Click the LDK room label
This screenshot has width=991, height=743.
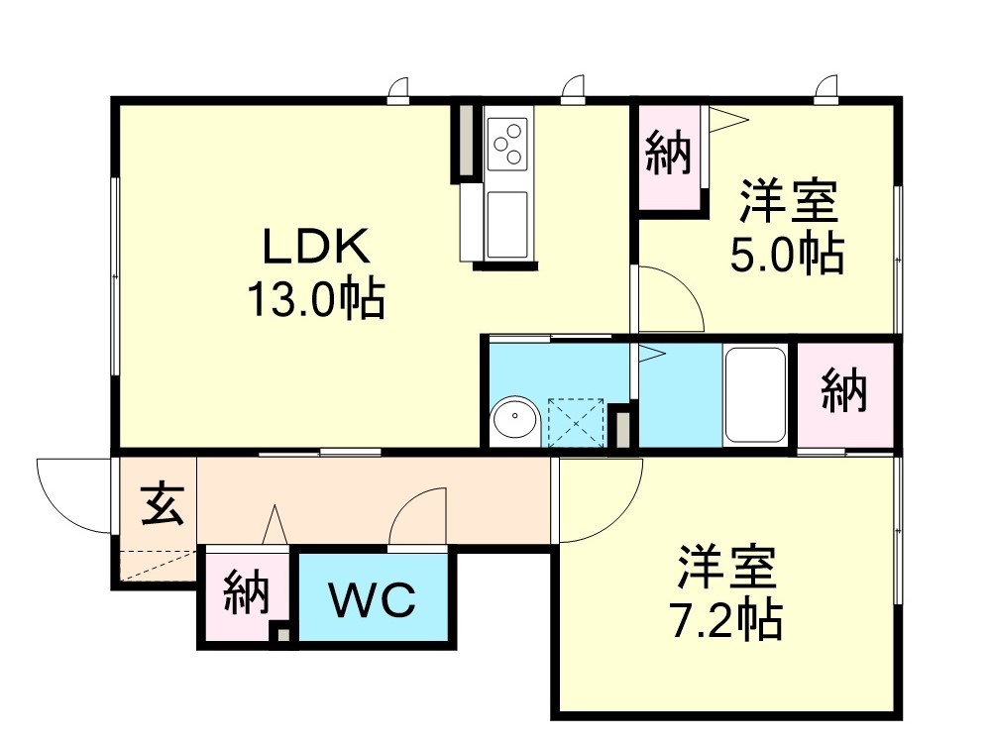click(x=315, y=246)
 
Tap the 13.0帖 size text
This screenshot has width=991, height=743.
click(x=315, y=299)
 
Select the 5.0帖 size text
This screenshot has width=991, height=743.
click(x=788, y=255)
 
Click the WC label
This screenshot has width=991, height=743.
click(x=372, y=600)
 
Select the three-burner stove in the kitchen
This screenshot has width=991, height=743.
click(x=508, y=141)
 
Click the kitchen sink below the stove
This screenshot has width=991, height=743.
click(x=507, y=222)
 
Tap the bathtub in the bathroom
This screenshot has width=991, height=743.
click(x=755, y=395)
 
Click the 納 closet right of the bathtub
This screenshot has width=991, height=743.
click(x=844, y=392)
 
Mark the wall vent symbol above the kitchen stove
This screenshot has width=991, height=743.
click(x=572, y=91)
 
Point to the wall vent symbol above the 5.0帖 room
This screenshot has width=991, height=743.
click(x=826, y=91)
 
